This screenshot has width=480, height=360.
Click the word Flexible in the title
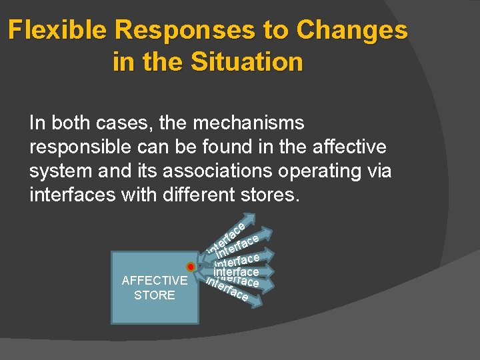tap(59, 31)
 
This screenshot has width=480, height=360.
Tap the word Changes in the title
tap(352, 31)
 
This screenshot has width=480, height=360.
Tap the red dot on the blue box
tap(191, 267)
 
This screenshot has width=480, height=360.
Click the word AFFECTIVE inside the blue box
tap(155, 281)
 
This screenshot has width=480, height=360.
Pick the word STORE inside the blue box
tap(155, 295)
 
